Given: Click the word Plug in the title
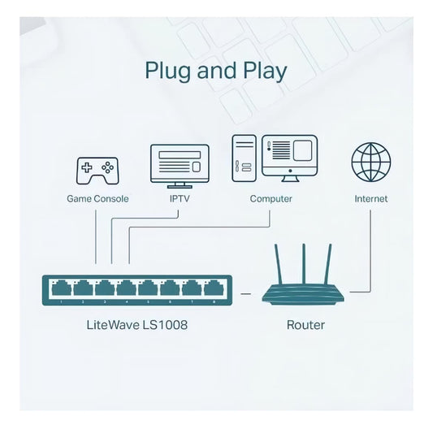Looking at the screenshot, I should pyautogui.click(x=167, y=71).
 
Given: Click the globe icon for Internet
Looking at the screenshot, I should pyautogui.click(x=370, y=161).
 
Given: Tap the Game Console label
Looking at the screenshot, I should pyautogui.click(x=96, y=198).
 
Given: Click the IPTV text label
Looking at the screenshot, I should pyautogui.click(x=180, y=198).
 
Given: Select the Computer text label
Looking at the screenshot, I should pyautogui.click(x=271, y=198).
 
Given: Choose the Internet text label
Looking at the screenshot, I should pyautogui.click(x=370, y=198).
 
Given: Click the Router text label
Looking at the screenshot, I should pyautogui.click(x=305, y=325).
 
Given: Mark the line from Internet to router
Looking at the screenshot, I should pyautogui.click(x=371, y=252).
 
